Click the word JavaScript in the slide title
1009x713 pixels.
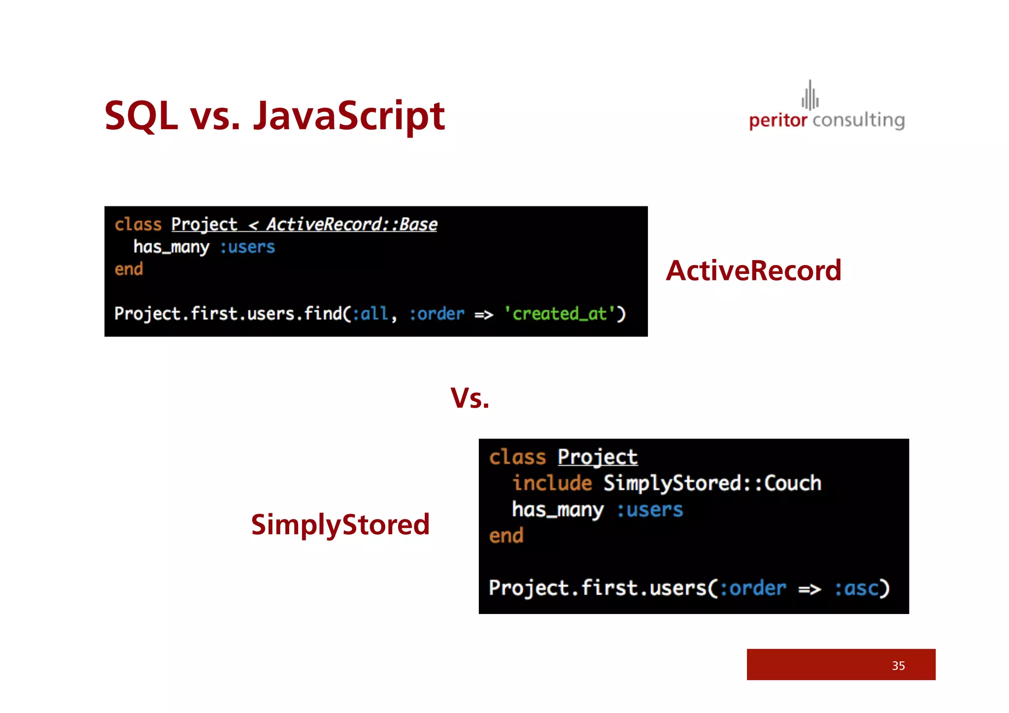[x=349, y=116]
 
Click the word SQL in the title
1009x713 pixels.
[x=141, y=116]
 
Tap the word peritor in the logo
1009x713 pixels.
[x=777, y=120]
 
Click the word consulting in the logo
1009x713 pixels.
[x=858, y=120]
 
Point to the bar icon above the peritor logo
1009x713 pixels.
[x=810, y=96]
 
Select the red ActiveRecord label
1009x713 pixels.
[x=753, y=271]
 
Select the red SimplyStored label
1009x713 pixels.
[x=340, y=524]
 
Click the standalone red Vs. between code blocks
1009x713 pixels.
[x=470, y=398]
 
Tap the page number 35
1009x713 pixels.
[x=898, y=666]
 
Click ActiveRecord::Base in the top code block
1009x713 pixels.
[x=352, y=225]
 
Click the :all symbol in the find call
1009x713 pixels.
[x=370, y=314]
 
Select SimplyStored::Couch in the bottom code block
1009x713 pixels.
[x=712, y=483]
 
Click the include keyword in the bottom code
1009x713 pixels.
[x=552, y=483]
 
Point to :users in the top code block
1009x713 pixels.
[x=247, y=247]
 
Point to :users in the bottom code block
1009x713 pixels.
[x=649, y=510]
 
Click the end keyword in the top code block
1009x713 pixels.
[x=129, y=269]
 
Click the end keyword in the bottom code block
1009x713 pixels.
[x=506, y=536]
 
